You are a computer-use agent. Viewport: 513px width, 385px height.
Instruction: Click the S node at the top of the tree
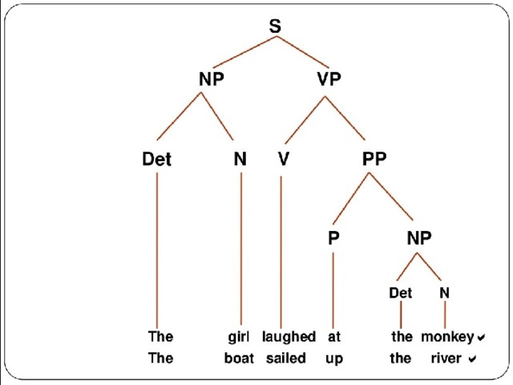[x=275, y=26]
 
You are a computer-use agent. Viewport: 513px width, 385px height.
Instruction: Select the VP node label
[x=329, y=79]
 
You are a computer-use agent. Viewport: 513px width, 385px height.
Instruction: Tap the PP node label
[x=374, y=159]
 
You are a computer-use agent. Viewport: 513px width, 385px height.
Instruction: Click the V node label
[x=283, y=159]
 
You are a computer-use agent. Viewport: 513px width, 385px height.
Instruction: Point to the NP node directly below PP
[x=419, y=237]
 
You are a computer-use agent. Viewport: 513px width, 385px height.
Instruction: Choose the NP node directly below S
[x=212, y=79]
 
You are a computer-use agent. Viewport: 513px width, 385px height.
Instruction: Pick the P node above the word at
[x=333, y=237]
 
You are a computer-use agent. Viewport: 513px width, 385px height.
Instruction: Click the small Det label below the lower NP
[x=401, y=293]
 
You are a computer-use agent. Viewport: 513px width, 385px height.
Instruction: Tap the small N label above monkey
[x=444, y=293]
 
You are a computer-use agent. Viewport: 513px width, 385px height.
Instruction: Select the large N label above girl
[x=240, y=159]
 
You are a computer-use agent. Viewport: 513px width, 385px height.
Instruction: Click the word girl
[x=239, y=337]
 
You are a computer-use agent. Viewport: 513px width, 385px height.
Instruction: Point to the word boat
[x=239, y=359]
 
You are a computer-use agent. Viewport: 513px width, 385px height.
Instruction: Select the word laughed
[x=289, y=337]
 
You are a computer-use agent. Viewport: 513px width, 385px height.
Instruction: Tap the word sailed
[x=286, y=359]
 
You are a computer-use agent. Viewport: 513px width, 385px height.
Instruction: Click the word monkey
[x=447, y=338]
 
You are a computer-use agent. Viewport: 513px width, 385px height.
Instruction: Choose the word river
[x=446, y=359]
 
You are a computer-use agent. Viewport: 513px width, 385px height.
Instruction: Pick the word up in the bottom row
[x=334, y=359]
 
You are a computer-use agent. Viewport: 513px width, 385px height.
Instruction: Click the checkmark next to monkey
[x=481, y=337]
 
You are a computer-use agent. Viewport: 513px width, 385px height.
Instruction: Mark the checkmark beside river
[x=472, y=359]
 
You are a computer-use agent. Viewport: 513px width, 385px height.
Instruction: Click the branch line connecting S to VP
[x=303, y=51]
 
